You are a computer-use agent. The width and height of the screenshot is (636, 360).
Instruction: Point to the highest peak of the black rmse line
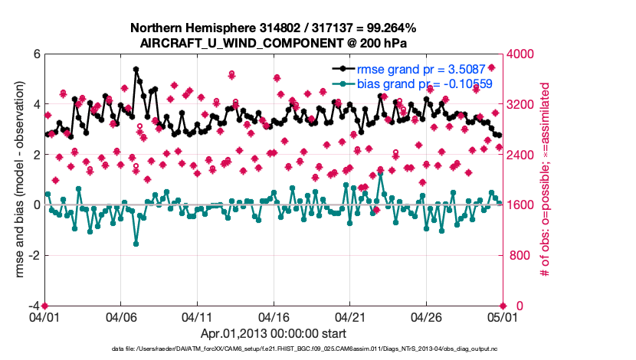pos(136,69)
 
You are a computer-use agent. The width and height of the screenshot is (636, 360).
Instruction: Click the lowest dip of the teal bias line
pos(136,244)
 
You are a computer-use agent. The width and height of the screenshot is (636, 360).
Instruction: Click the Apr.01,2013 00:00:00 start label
pos(273,333)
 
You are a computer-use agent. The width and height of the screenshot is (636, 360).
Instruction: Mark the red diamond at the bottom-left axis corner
pos(44,306)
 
